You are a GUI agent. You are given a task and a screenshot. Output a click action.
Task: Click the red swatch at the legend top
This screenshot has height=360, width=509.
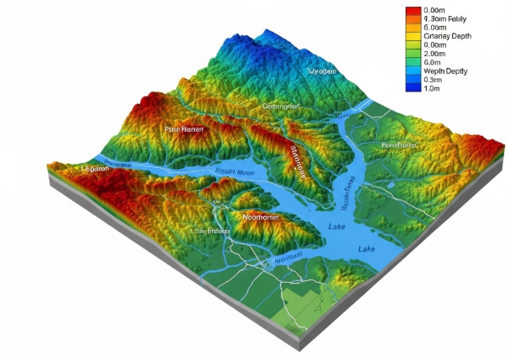tap(412, 10)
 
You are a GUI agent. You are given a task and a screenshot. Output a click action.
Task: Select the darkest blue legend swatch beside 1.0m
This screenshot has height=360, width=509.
tap(412, 86)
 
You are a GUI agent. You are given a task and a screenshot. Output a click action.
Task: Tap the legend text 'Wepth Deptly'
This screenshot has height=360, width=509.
tap(446, 70)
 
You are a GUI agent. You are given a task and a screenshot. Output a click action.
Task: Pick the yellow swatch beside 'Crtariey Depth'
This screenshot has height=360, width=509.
tap(412, 36)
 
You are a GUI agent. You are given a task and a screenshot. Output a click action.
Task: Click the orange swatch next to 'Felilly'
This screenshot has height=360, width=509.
tap(412, 18)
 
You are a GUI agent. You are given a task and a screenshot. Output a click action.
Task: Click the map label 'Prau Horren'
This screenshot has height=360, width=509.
tap(184, 129)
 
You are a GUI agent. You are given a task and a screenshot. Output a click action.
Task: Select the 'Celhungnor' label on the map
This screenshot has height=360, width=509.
tap(281, 107)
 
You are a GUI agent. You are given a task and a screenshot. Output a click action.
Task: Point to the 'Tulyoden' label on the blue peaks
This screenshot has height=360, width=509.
tap(322, 71)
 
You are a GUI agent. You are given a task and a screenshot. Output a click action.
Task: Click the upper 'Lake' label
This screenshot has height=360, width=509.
tap(337, 227)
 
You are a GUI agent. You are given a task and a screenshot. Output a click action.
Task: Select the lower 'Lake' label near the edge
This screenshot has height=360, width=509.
tap(367, 249)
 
